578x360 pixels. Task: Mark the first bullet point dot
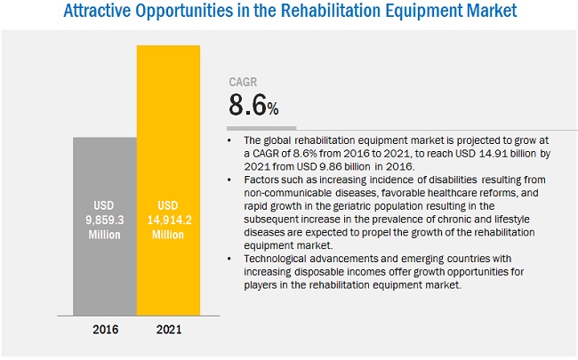232,140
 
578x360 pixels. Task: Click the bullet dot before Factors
232,180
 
